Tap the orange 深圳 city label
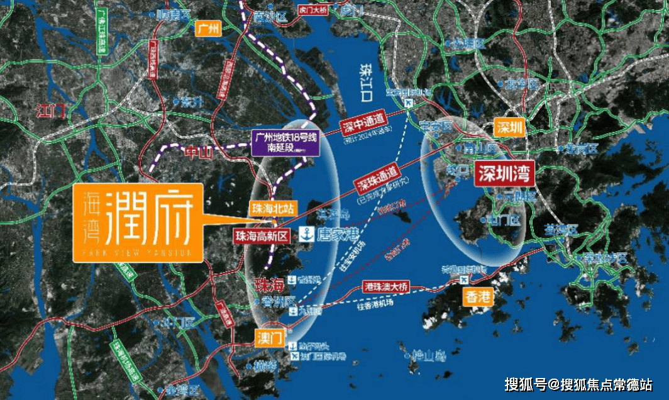[x=509, y=128]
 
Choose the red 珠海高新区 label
[x=260, y=236]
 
